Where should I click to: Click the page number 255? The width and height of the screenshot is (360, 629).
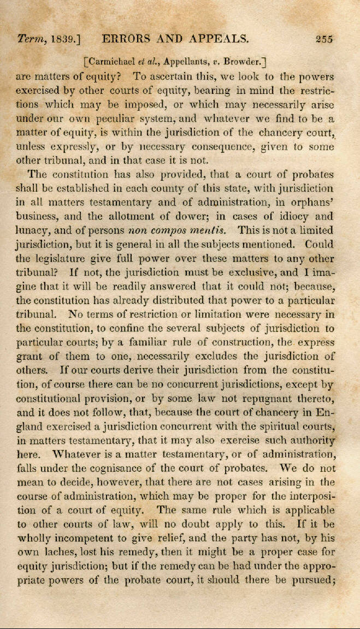click(324, 39)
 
